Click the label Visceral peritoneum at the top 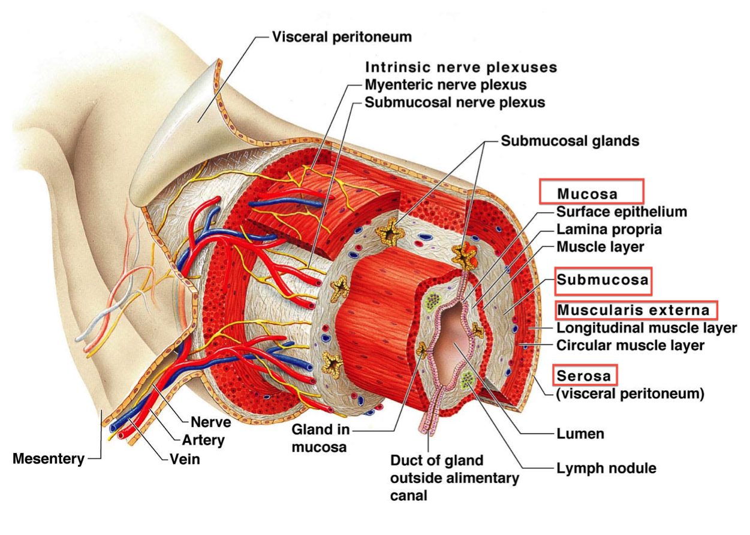click(x=342, y=37)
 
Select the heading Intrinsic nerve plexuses click(x=461, y=67)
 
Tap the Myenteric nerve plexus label click(x=445, y=84)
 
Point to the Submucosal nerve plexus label click(x=455, y=102)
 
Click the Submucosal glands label click(x=570, y=141)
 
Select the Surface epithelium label click(x=622, y=212)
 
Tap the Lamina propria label click(x=609, y=229)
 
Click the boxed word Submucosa click(x=603, y=280)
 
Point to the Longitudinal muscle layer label click(x=646, y=328)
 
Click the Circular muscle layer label click(x=630, y=346)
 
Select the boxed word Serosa click(x=584, y=376)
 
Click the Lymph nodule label click(x=606, y=468)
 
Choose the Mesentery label click(x=49, y=460)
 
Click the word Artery click(x=203, y=441)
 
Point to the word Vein click(x=185, y=460)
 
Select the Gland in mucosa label click(x=320, y=439)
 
